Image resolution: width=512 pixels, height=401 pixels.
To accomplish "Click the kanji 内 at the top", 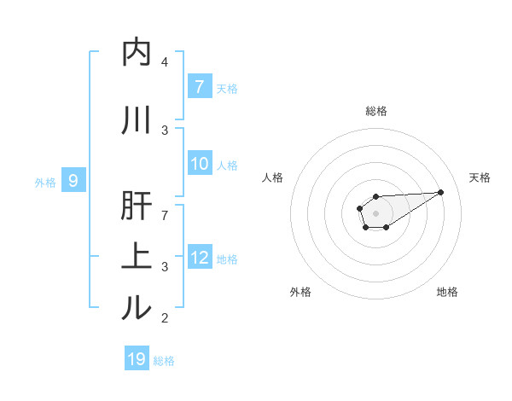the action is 137,52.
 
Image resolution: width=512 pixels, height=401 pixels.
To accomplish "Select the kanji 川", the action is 137,120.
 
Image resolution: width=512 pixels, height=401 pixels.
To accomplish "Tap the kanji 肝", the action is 137,208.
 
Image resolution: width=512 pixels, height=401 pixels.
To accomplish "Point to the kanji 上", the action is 137,256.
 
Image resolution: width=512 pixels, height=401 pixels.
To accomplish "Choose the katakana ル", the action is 137,308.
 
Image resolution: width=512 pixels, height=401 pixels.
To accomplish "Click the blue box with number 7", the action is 199,86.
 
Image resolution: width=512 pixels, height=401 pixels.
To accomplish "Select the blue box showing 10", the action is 199,164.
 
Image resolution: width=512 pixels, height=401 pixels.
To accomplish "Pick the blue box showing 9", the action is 73,180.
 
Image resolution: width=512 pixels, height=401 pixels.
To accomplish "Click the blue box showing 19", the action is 137,359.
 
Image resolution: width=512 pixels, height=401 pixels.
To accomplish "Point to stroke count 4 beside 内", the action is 165,62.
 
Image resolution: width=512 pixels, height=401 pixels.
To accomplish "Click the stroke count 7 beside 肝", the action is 165,214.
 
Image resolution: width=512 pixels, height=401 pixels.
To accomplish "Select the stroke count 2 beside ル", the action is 165,318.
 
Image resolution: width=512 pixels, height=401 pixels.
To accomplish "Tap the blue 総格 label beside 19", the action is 164,361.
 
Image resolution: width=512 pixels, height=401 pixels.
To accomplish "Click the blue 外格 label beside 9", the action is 45,182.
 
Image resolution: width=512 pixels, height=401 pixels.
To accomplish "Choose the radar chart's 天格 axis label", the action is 480,177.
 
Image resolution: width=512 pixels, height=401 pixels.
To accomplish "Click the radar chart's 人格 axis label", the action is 273,177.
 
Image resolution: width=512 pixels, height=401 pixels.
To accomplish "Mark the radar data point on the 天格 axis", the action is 441,191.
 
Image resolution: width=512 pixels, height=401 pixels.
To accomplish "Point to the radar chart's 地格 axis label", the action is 447,292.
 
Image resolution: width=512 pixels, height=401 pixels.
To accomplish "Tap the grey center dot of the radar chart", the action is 375,212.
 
